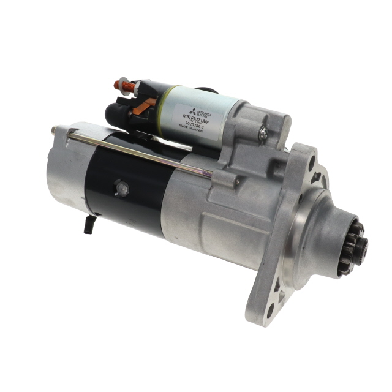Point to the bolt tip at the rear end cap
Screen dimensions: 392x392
pyautogui.click(x=55, y=129)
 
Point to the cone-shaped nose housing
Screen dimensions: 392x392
pyautogui.click(x=328, y=230)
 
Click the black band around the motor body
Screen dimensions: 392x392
pyautogui.click(x=132, y=184)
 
